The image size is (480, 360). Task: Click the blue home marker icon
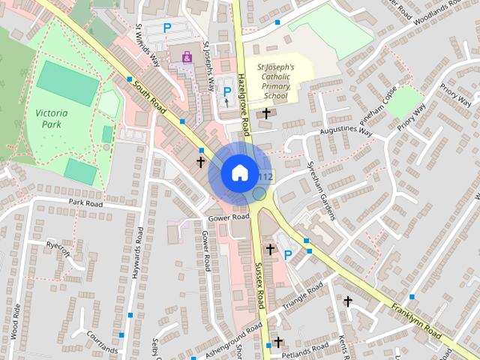point(238,172)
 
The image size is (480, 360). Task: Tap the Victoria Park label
point(51,119)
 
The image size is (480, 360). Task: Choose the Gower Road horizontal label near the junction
point(229,217)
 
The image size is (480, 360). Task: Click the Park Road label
point(85,202)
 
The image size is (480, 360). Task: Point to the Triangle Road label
point(303,296)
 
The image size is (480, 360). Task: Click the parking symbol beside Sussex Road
point(288,256)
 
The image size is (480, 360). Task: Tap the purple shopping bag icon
point(186,56)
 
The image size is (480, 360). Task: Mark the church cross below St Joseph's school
point(266,113)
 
